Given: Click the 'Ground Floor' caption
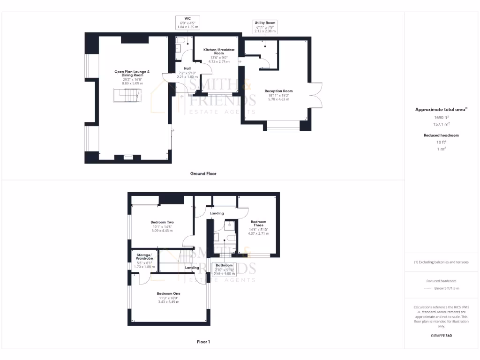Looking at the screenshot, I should [x=203, y=173].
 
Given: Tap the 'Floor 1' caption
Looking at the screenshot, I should [x=203, y=342].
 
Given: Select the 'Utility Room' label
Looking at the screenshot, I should [x=265, y=22].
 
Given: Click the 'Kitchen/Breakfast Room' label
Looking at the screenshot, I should [x=218, y=51].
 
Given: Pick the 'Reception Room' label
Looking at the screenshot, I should [x=278, y=91].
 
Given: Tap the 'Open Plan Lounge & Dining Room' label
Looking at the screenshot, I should [x=132, y=73].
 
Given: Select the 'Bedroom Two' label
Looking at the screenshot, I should [x=162, y=222].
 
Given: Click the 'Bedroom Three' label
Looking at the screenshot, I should [x=258, y=223].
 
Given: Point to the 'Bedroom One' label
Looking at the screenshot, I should [x=168, y=293].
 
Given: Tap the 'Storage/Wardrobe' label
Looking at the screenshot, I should [x=144, y=256].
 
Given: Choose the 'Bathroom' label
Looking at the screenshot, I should [x=224, y=265].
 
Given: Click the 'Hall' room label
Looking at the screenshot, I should [x=187, y=68].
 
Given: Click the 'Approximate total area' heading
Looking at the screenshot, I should [x=441, y=109].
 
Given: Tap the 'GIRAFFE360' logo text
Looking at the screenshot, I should [x=441, y=336].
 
